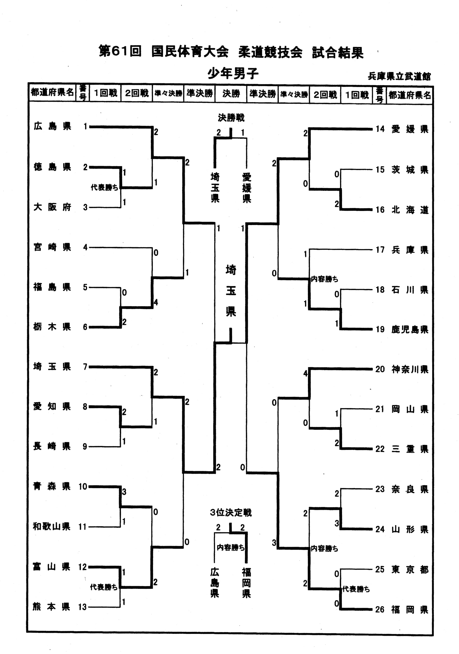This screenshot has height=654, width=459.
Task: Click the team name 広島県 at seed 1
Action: click(x=52, y=126)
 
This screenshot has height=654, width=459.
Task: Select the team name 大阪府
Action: click(x=52, y=207)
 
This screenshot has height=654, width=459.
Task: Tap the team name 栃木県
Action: click(x=52, y=327)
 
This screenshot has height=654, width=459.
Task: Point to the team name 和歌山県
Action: click(x=52, y=526)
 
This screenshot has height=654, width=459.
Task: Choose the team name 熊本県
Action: click(x=52, y=607)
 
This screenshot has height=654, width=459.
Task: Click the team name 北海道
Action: click(x=410, y=210)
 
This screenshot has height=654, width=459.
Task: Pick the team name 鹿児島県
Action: click(x=410, y=330)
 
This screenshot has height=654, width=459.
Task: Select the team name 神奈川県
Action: click(x=410, y=369)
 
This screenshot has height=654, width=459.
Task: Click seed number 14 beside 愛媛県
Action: click(x=380, y=129)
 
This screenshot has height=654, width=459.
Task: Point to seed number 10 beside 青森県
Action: click(x=83, y=486)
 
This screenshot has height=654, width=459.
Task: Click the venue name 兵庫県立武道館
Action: click(x=399, y=76)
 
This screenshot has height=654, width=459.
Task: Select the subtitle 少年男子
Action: click(x=233, y=74)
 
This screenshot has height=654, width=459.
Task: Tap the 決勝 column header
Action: click(x=231, y=94)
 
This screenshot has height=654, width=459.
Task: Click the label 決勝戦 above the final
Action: click(x=231, y=117)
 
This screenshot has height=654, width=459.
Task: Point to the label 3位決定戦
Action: click(x=231, y=513)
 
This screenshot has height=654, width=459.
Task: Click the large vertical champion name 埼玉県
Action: click(x=231, y=290)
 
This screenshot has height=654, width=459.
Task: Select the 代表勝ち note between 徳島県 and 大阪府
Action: click(x=104, y=187)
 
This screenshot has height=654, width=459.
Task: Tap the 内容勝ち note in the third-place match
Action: click(x=231, y=547)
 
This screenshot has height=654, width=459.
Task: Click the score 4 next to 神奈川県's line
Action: click(x=305, y=373)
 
